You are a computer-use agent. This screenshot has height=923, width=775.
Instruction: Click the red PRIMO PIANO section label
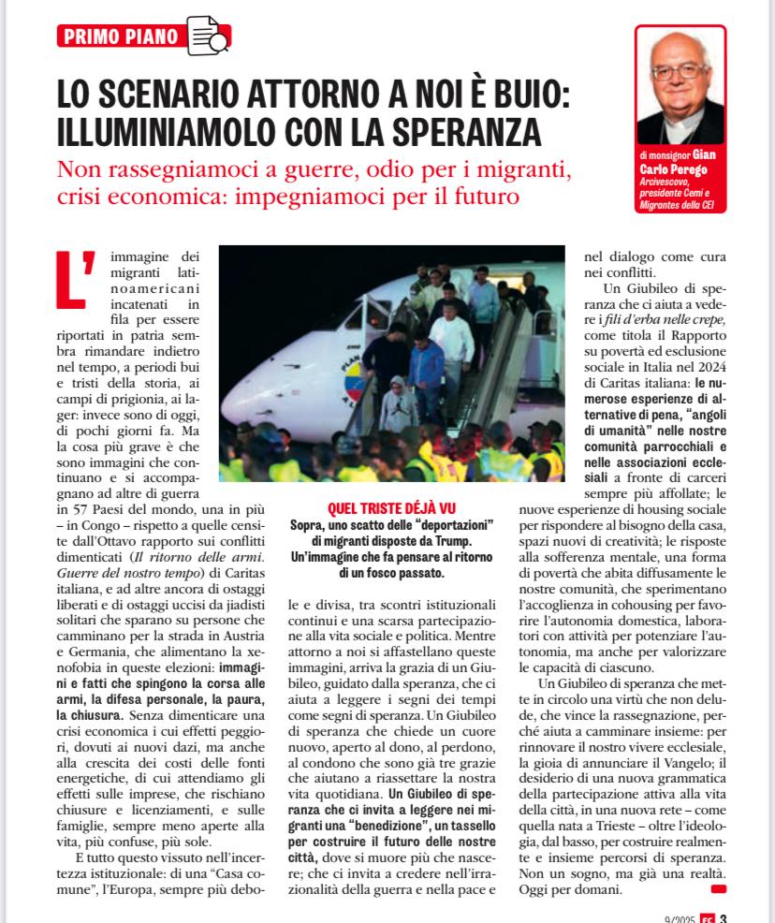[x=119, y=37]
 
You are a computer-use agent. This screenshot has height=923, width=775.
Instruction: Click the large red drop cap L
[x=76, y=278]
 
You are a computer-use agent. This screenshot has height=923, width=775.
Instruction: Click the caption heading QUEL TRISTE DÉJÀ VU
[x=390, y=507]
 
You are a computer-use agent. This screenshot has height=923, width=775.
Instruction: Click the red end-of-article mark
[x=718, y=887]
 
